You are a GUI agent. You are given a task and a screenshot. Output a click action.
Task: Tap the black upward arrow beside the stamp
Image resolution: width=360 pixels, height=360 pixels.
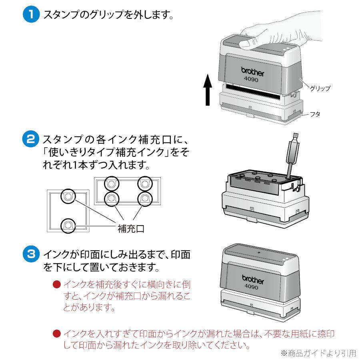point(207,90)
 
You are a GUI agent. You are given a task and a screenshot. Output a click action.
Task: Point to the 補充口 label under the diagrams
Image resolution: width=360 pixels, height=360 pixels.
point(130,228)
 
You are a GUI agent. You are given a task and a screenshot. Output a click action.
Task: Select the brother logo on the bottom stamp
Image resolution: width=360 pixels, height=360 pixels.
point(253,280)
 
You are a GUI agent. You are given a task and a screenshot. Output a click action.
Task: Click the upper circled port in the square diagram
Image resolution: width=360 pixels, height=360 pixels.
point(68,196)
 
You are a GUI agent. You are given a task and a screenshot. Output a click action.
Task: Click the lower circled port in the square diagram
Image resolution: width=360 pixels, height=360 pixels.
point(68,226)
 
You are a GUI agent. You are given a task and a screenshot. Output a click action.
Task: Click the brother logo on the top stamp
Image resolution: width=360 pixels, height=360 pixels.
point(253,71)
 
